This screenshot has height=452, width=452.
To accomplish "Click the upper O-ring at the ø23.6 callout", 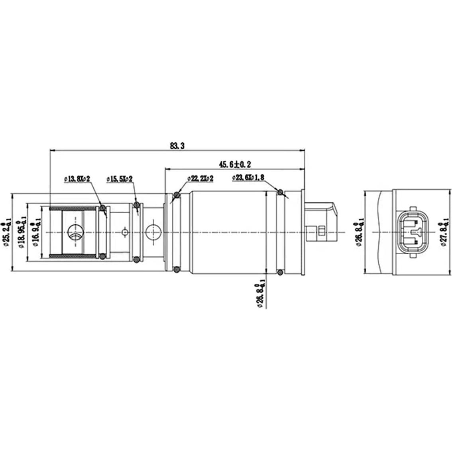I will point(280,192).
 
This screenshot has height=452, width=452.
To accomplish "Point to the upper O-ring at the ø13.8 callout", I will point(103,207).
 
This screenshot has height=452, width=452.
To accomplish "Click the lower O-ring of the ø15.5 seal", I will point(137,259).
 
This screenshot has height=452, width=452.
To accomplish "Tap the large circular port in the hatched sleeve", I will point(75,232).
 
